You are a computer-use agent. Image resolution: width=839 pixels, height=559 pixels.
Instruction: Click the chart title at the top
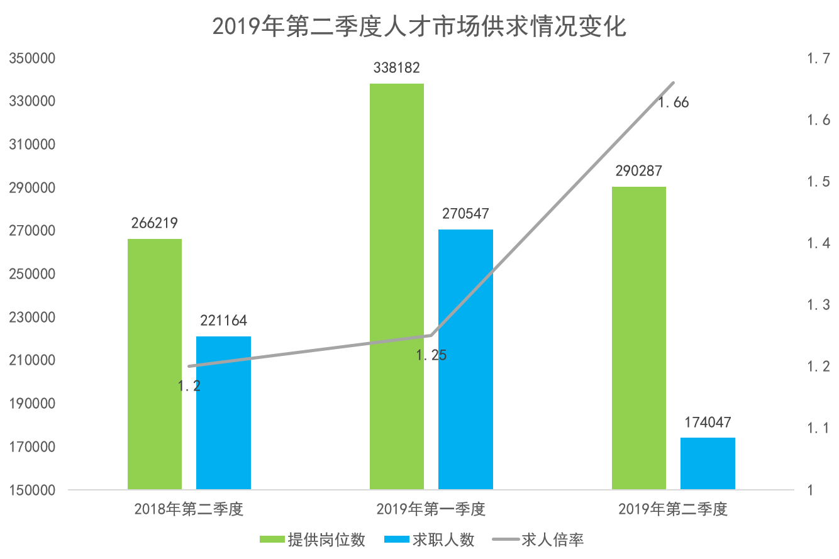tap(419, 26)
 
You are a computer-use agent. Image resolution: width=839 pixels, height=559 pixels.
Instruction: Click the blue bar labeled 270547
tap(465, 359)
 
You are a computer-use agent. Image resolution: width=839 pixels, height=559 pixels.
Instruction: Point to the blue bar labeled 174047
tap(708, 463)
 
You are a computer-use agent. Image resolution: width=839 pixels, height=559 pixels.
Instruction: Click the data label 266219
tap(155, 223)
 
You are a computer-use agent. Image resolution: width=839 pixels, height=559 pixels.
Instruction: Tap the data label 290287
tap(639, 171)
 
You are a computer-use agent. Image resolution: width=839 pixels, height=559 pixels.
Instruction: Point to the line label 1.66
tap(674, 102)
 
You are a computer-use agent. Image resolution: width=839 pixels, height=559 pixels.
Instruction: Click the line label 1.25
tap(431, 355)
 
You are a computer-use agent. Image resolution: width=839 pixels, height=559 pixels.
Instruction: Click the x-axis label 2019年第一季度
tap(431, 509)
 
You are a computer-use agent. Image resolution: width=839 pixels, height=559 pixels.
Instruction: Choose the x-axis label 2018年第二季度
tap(189, 509)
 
